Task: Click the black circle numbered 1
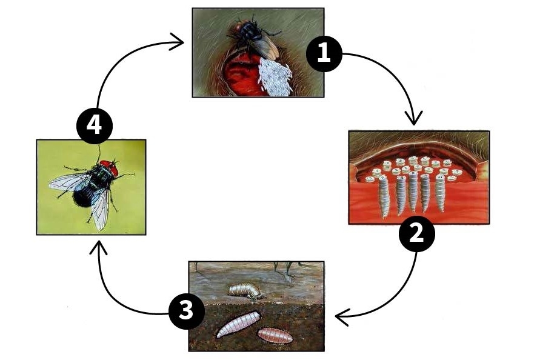(324, 53)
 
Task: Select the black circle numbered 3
(187, 312)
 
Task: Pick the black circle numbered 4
(95, 126)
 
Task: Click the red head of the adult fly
(108, 165)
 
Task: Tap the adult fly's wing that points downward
(99, 207)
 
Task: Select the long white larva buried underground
(238, 324)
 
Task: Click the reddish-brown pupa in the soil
(275, 335)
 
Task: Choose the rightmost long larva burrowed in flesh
(441, 193)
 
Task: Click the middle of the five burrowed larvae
(413, 191)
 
